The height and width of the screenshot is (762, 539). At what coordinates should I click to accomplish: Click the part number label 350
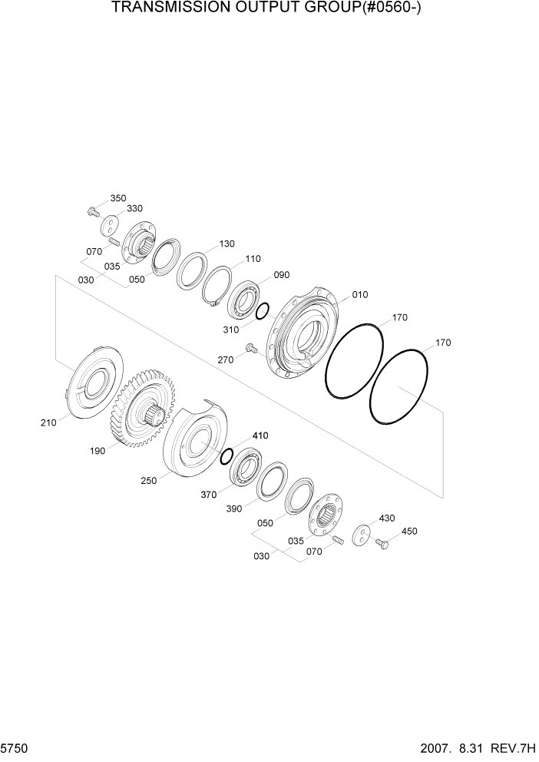(x=117, y=198)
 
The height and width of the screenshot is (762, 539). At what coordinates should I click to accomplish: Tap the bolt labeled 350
(x=93, y=210)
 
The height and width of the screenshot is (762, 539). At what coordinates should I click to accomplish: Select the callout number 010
(x=360, y=295)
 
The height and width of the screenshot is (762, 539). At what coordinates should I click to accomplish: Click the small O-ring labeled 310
(x=262, y=311)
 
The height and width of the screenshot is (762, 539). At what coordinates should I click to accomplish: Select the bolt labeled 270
(x=250, y=350)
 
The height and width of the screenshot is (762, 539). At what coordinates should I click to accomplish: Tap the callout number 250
(x=148, y=481)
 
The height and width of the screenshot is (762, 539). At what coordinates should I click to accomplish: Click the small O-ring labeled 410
(x=227, y=457)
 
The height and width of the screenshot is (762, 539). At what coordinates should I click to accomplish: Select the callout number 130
(x=227, y=244)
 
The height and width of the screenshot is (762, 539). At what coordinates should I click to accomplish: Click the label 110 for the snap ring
(x=253, y=259)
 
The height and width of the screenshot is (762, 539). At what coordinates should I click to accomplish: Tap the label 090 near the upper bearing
(x=282, y=275)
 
